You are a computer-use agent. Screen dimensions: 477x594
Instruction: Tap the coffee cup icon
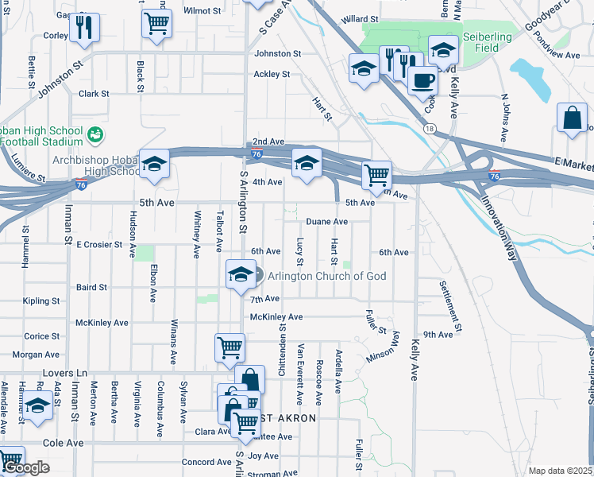pos(422,81)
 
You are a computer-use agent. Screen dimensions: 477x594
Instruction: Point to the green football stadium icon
pos(95,135)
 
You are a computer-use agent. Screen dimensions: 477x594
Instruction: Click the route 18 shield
pos(430,128)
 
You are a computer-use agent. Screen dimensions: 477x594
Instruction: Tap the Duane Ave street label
pos(326,222)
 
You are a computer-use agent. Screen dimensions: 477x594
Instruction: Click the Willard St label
pos(357,18)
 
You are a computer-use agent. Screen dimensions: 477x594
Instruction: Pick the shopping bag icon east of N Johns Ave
pos(572,118)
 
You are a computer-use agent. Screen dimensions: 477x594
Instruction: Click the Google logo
pos(26,468)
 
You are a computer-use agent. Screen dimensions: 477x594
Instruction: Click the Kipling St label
pos(42,301)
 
